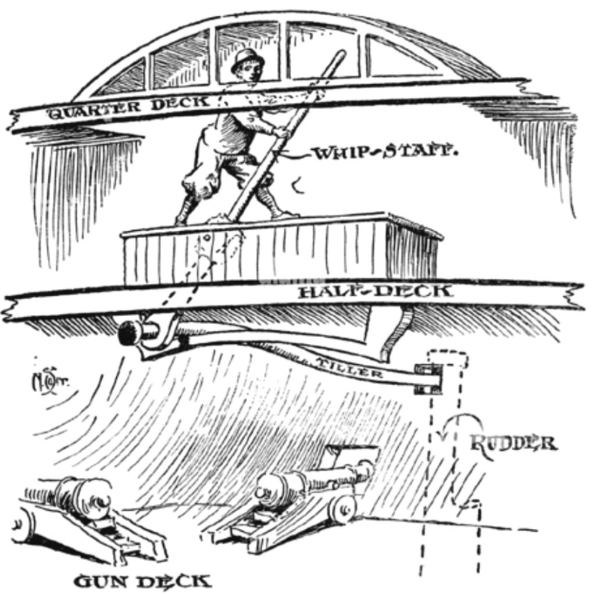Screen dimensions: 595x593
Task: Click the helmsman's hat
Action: click(247, 59)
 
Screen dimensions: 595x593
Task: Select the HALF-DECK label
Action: click(375, 291)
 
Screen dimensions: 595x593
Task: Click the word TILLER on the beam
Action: click(349, 368)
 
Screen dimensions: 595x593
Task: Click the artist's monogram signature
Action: click(42, 381)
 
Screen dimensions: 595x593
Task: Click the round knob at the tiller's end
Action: click(130, 333)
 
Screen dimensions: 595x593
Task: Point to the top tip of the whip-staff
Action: click(339, 56)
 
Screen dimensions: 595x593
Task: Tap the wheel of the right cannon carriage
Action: click(342, 509)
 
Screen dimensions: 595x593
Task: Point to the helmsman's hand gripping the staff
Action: click(283, 133)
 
